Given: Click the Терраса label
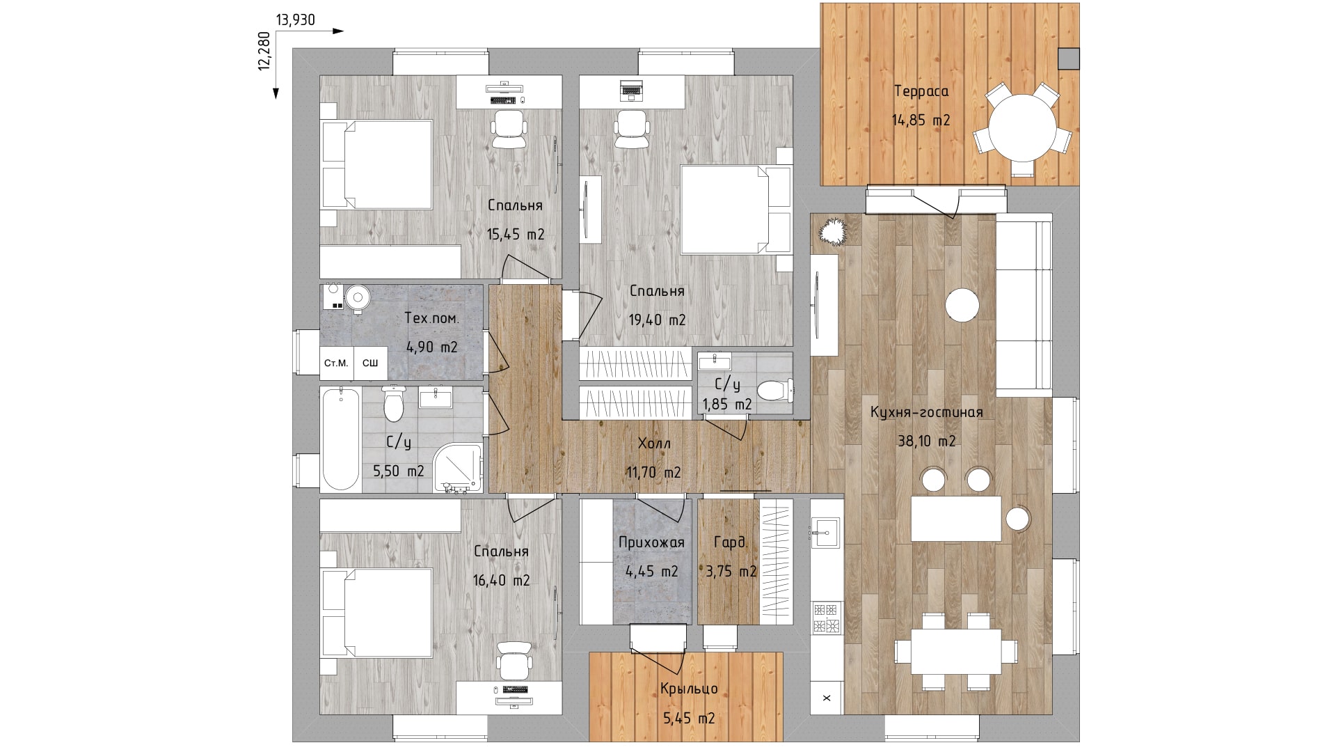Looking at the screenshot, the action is [921, 91].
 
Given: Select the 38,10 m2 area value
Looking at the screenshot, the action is [927, 441].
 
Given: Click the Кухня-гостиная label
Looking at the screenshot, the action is [927, 412].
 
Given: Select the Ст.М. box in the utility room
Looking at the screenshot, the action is [336, 363].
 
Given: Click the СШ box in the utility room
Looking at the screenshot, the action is [371, 363].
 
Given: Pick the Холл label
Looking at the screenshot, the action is [654, 444].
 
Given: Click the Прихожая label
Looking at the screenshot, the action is [651, 542].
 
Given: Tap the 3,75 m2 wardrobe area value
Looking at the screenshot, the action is [731, 572].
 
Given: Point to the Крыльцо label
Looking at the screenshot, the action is [689, 689].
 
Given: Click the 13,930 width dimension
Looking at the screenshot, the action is [296, 20].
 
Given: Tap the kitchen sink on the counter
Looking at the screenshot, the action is [827, 533].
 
